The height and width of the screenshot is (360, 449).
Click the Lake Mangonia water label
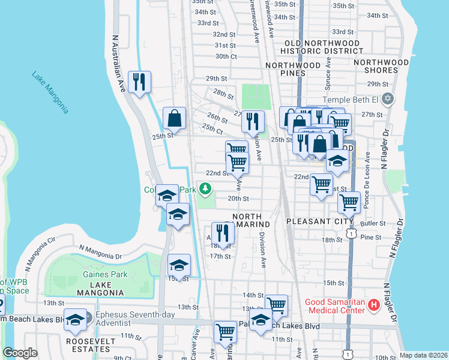(x=51, y=93)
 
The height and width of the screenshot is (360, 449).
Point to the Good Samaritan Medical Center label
(x=334, y=306)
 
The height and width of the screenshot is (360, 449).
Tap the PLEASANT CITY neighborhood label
(x=320, y=221)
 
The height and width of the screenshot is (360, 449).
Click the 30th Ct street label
(x=226, y=56)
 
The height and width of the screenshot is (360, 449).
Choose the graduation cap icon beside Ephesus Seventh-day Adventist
(x=76, y=320)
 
